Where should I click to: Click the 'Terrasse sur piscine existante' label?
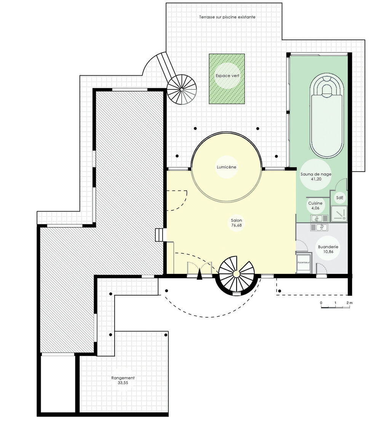tap(227, 17)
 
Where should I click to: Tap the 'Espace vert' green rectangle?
tap(227, 79)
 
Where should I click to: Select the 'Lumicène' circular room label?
tap(226, 167)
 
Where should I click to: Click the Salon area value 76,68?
tap(236, 225)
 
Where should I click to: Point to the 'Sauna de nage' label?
tap(316, 174)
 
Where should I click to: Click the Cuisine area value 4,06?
tap(315, 208)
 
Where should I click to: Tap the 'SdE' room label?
tap(340, 198)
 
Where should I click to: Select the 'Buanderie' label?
tap(328, 247)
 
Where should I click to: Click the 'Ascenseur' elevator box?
tap(304, 263)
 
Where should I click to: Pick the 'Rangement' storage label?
tap(123, 378)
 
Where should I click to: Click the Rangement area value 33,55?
tap(123, 383)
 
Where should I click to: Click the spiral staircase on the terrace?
tap(181, 89)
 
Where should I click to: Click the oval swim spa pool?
tap(327, 115)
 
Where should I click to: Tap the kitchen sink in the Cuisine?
tap(319, 218)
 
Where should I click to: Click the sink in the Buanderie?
tap(319, 227)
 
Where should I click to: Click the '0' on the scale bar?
tap(321, 302)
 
